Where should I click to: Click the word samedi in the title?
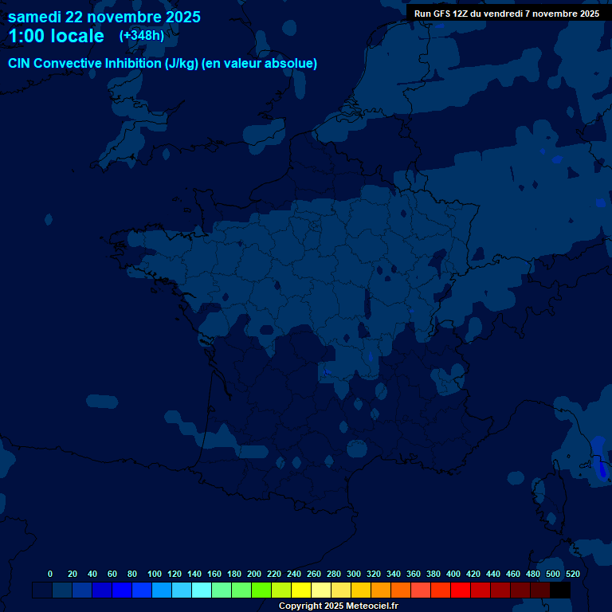pos(35,17)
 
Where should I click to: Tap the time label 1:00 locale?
pos(56,37)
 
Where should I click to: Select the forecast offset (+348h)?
pos(141,36)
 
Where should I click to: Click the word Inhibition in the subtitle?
pos(133,64)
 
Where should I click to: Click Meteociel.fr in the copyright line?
pos(371,606)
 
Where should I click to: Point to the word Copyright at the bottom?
pos(301,606)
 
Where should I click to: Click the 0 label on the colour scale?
pos(50,574)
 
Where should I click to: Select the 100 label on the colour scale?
pos(155,574)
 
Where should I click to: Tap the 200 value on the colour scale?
pos(254,574)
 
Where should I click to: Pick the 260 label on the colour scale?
pos(314,574)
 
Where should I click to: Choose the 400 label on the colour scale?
pos(453,574)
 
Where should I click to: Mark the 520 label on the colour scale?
pos(572,574)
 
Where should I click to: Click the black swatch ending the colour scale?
pos(560,590)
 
